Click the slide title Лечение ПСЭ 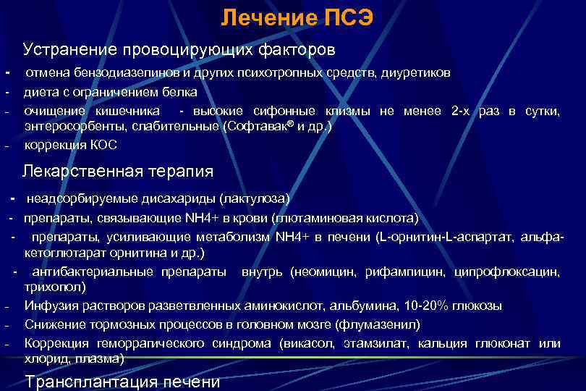(297, 17)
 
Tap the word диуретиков (420, 73)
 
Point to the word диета (39, 92)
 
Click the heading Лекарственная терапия (118, 172)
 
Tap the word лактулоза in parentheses (256, 198)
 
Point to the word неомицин (324, 272)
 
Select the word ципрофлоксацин (506, 272)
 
